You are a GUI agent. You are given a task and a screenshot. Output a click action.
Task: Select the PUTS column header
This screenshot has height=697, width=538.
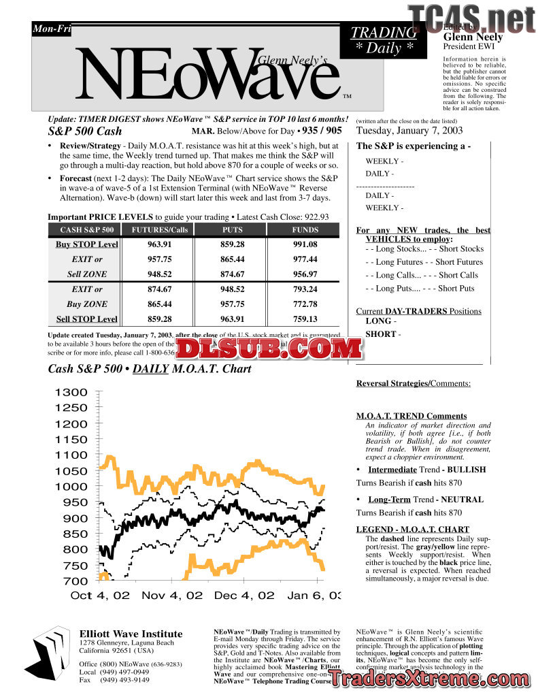pyautogui.click(x=233, y=229)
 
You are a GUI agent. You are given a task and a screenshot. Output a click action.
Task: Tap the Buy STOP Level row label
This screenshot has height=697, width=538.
pyautogui.click(x=86, y=244)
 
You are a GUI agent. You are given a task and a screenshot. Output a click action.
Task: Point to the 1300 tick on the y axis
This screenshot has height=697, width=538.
pyautogui.click(x=71, y=393)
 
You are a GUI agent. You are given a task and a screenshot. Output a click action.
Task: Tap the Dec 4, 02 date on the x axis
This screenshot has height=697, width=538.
pyautogui.click(x=243, y=596)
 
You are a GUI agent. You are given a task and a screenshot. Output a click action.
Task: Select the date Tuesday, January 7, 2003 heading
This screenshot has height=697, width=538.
pyautogui.click(x=409, y=131)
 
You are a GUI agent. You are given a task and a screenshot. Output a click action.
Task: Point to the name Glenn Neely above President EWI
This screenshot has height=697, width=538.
pyautogui.click(x=473, y=37)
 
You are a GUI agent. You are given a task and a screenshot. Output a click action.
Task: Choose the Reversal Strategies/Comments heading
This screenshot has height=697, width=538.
pyautogui.click(x=413, y=384)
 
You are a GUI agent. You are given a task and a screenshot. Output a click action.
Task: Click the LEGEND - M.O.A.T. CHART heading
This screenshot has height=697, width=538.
pyautogui.click(x=412, y=530)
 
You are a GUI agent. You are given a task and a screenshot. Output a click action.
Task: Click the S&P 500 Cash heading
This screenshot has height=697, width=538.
pyautogui.click(x=85, y=131)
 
